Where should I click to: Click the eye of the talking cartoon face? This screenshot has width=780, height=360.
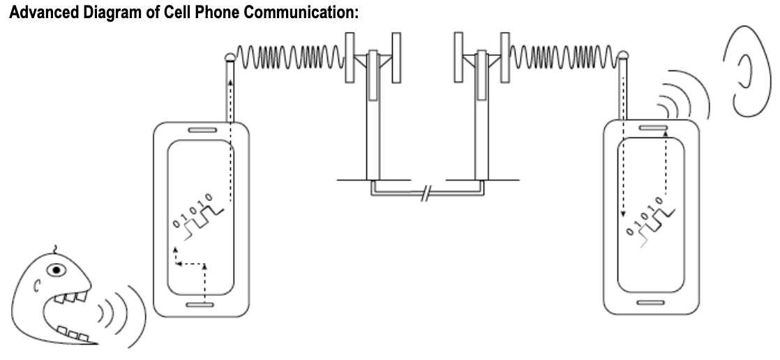click(x=59, y=268)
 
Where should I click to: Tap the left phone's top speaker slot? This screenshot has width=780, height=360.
click(x=201, y=130)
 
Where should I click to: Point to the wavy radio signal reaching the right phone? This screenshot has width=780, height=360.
click(x=564, y=53)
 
